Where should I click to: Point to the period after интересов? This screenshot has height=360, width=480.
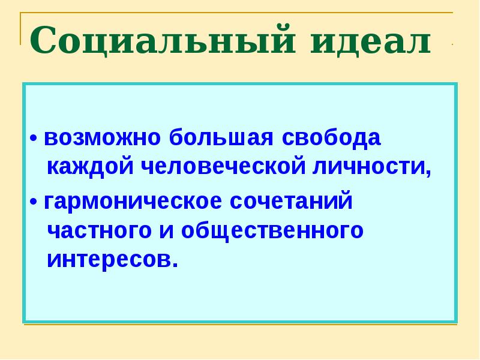[x=176, y=265]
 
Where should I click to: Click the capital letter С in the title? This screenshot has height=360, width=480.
[x=44, y=41]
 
